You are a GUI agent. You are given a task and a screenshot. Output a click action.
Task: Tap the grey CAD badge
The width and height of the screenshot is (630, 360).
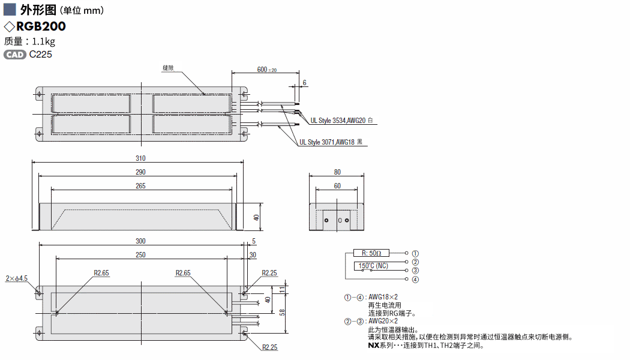[x=15, y=55]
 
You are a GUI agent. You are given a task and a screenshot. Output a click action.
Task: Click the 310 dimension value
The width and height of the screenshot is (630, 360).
[x=140, y=158]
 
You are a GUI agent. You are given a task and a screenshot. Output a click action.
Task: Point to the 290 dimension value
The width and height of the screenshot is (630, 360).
[x=140, y=172]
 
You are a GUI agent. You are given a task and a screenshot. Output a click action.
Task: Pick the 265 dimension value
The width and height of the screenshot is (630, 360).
[x=140, y=186]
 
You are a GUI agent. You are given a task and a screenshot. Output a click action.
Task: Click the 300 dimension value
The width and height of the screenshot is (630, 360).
[x=140, y=241]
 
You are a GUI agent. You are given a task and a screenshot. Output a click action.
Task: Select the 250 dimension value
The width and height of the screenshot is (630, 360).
[x=140, y=255]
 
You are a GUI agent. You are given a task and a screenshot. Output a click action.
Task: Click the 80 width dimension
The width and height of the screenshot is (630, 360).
[x=337, y=172]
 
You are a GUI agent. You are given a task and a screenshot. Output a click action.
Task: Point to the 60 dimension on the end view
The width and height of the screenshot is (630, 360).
[x=337, y=186]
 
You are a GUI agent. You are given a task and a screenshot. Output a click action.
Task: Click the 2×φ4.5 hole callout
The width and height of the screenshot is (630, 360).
[x=17, y=278]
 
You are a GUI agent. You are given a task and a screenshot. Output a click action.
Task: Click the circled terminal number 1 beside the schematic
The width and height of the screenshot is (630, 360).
[x=415, y=253]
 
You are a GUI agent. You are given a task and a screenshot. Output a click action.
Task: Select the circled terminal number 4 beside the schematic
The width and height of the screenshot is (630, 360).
[x=415, y=280]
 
